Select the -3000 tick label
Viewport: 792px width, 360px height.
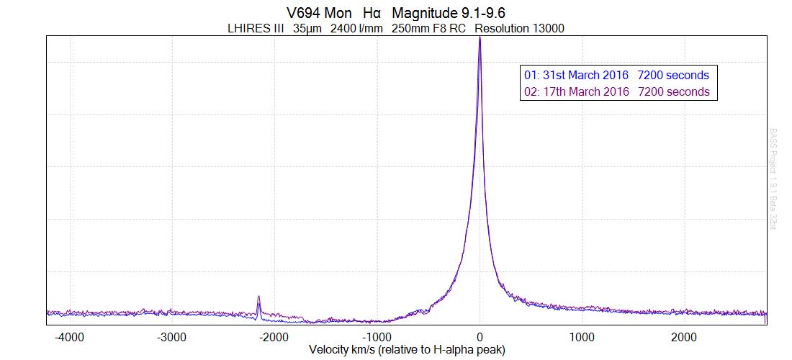(171, 336)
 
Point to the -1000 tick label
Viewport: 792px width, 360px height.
(377, 336)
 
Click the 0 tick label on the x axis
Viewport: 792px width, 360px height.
(480, 336)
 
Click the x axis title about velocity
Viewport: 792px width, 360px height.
(407, 350)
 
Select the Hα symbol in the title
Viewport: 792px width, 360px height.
(372, 14)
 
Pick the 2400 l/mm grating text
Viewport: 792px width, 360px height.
(357, 29)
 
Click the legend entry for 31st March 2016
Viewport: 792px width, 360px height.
(616, 75)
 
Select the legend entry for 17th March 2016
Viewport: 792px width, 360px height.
(616, 91)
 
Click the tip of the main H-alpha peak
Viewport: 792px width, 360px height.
(480, 37)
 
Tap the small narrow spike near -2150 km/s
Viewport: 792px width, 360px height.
(258, 297)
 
